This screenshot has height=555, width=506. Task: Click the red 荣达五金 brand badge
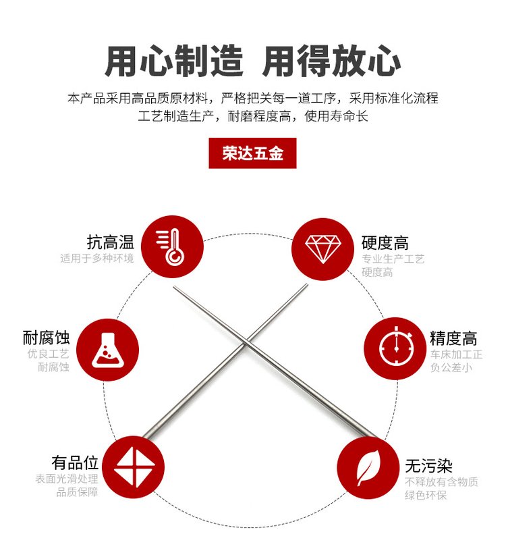pyautogui.click(x=252, y=153)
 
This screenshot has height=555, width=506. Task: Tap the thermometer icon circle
pyautogui.click(x=172, y=246)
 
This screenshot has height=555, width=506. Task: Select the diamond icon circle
pyautogui.click(x=323, y=249)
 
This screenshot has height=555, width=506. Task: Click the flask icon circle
pyautogui.click(x=108, y=350)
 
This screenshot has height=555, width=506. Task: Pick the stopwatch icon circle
pyautogui.click(x=395, y=348)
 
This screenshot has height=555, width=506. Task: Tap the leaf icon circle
pyautogui.click(x=368, y=468)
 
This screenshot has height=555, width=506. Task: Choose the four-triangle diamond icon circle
pyautogui.click(x=134, y=467)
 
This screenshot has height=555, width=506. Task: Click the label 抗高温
pyautogui.click(x=111, y=242)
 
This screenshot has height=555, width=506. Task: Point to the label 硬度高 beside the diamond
pyautogui.click(x=385, y=243)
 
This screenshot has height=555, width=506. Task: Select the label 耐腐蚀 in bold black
pyautogui.click(x=46, y=338)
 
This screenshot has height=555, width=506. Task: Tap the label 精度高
pyautogui.click(x=453, y=338)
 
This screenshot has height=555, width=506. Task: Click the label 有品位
pyautogui.click(x=75, y=462)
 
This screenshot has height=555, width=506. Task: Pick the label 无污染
pyautogui.click(x=429, y=465)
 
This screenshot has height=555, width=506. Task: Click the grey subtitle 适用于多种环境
pyautogui.click(x=97, y=259)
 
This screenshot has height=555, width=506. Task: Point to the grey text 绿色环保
pyautogui.click(x=426, y=495)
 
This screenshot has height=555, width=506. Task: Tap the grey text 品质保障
pyautogui.click(x=77, y=492)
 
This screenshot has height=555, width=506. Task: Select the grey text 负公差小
pyautogui.click(x=451, y=367)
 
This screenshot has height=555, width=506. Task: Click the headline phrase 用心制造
pyautogui.click(x=174, y=61)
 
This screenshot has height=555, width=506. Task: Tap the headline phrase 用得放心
pyautogui.click(x=331, y=61)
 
